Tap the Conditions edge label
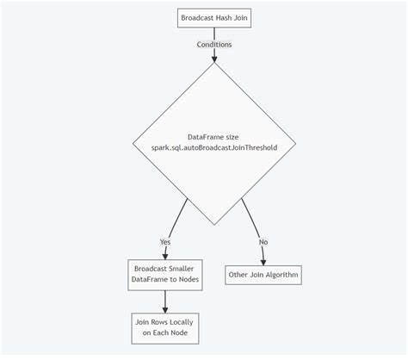click(213, 44)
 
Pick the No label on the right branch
click(263, 241)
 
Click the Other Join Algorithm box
click(263, 276)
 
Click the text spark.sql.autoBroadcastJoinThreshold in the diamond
click(213, 148)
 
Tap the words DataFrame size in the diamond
click(213, 137)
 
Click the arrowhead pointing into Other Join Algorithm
click(263, 262)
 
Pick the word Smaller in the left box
click(182, 270)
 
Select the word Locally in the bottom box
click(182, 321)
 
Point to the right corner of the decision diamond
click(297, 143)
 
